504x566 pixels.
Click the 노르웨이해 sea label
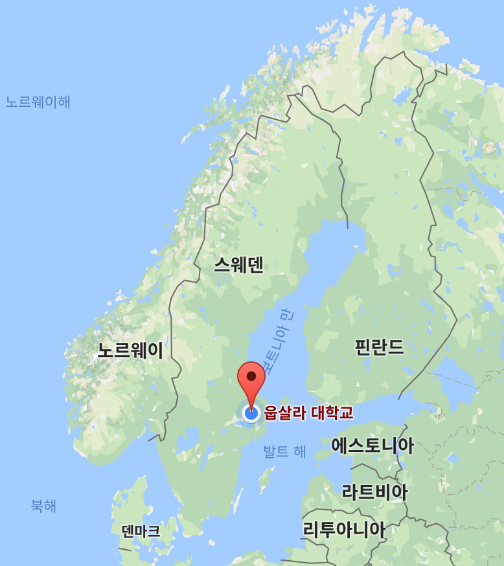tap(38, 102)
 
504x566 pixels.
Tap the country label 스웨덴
tap(238, 264)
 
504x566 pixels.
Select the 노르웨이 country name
tap(130, 350)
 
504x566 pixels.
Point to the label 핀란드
tap(379, 347)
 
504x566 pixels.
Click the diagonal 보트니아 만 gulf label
tap(277, 341)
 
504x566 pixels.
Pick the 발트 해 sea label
tap(284, 451)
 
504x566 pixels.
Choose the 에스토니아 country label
tap(372, 446)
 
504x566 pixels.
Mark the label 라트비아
tap(374, 492)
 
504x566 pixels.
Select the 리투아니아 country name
tap(344, 530)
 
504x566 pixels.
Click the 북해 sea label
tap(43, 506)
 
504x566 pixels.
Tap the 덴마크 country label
tap(141, 531)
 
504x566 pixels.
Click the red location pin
tap(251, 378)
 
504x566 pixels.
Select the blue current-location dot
tap(251, 413)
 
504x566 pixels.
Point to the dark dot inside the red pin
tap(251, 375)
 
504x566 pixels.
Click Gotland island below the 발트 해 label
tap(264, 479)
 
